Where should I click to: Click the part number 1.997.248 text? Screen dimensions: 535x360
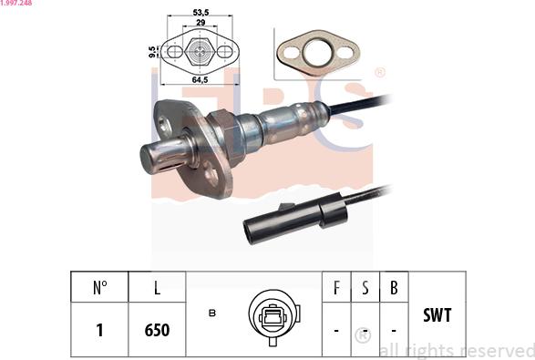(16, 3)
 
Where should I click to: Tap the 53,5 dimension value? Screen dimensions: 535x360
(201, 13)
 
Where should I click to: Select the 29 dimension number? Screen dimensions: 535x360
(201, 23)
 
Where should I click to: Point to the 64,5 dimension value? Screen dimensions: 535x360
(200, 80)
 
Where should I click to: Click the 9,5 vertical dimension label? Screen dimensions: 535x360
(153, 52)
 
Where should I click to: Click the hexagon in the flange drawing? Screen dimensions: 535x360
(200, 51)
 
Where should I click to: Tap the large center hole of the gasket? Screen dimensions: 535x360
(318, 53)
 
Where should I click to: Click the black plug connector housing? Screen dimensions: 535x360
(295, 219)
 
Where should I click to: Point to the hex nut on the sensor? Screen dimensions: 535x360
(226, 137)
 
